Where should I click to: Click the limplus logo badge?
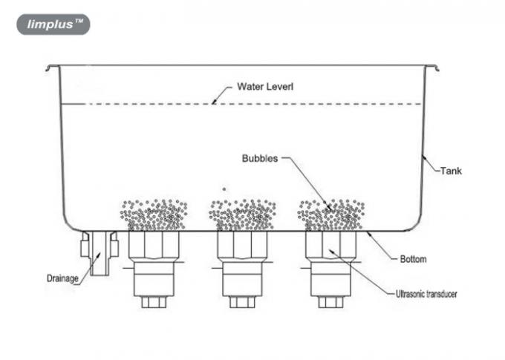click(x=53, y=24)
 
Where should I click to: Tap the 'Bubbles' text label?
click(x=259, y=158)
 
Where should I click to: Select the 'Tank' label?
click(x=450, y=170)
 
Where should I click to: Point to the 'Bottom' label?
click(x=412, y=259)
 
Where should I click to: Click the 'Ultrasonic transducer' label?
click(x=425, y=294)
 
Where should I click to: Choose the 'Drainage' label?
click(x=63, y=279)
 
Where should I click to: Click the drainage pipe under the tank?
click(x=100, y=252)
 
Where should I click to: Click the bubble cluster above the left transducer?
click(x=154, y=215)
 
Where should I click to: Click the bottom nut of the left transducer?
click(x=154, y=301)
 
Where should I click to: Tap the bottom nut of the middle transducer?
click(x=242, y=301)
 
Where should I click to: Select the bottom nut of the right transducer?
click(x=330, y=301)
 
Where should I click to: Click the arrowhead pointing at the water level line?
click(x=213, y=102)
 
